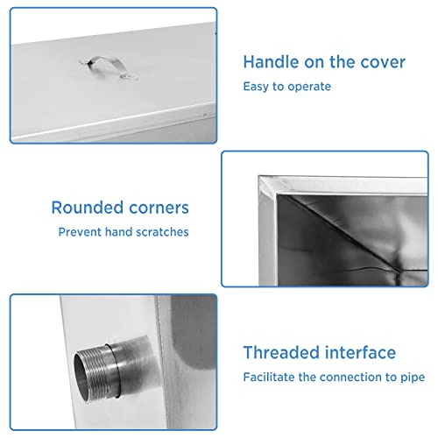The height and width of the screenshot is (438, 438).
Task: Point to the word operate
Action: pyautogui.click(x=309, y=87)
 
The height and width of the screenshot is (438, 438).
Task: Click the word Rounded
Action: pyautogui.click(x=88, y=208)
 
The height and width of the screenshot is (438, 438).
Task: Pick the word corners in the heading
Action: pyautogui.click(x=159, y=208)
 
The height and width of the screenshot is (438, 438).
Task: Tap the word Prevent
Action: pyautogui.click(x=80, y=232)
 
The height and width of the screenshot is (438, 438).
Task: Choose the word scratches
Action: pyautogui.click(x=162, y=232)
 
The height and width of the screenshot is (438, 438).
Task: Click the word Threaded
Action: pyautogui.click(x=281, y=352)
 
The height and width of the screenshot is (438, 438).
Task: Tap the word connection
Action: pyautogui.click(x=351, y=377)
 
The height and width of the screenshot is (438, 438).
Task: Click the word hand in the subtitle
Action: pyautogui.click(x=118, y=232)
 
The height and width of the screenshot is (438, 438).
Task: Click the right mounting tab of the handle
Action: pyautogui.click(x=129, y=77)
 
